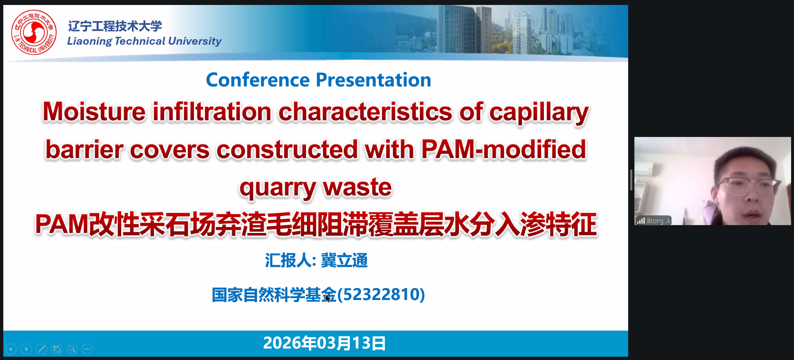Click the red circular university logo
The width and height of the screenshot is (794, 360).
34,32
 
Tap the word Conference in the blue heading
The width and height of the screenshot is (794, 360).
258,79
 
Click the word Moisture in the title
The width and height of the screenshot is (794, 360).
94,112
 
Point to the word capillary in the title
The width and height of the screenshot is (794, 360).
539,113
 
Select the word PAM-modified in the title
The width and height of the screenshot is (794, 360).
503,149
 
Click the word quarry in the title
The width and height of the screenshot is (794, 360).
277,188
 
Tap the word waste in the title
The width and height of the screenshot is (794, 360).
357,187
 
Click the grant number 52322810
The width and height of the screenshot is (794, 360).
381,295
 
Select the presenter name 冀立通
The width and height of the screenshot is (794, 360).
344,261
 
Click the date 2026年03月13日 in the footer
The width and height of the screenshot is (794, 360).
325,343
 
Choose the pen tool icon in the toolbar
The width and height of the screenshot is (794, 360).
41,349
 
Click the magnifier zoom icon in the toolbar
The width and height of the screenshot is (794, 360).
72,349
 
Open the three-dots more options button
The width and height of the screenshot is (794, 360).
87,349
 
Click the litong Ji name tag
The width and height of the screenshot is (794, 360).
653,221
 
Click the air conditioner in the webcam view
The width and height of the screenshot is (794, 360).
644,167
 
